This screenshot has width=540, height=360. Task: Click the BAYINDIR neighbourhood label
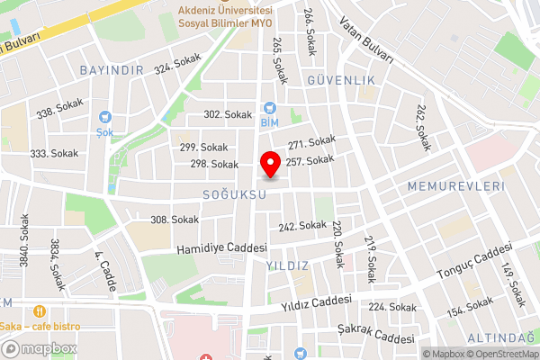pyautogui.click(x=112, y=70)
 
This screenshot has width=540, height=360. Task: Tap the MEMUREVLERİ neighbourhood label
pyautogui.click(x=454, y=185)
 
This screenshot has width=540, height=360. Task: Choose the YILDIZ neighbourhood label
pyautogui.click(x=287, y=265)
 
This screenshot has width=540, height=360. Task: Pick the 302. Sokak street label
pyautogui.click(x=228, y=114)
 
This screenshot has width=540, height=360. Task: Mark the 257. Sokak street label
pyautogui.click(x=310, y=160)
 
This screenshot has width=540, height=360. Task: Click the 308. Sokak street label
pyautogui.click(x=174, y=220)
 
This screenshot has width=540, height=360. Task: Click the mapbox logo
pyautogui.click(x=38, y=348)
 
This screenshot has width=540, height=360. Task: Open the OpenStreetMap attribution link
pyautogui.click(x=500, y=353)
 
